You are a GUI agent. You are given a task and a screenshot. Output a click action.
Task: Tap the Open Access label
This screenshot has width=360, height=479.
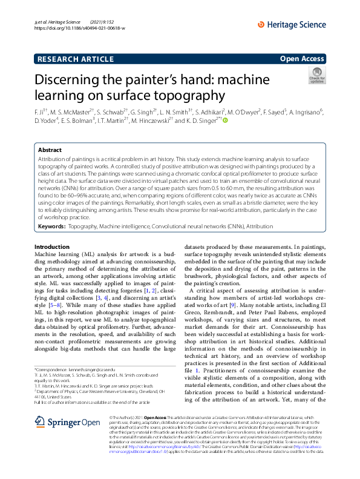(303, 59)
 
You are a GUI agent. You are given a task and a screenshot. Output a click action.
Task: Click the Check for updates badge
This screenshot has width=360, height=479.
(317, 75)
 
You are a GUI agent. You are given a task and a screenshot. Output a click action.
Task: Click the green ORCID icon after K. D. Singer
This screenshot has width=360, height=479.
(226, 121)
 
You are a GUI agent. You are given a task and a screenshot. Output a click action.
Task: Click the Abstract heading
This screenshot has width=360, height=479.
(50, 149)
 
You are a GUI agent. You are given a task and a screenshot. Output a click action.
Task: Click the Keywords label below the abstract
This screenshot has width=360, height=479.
(51, 226)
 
